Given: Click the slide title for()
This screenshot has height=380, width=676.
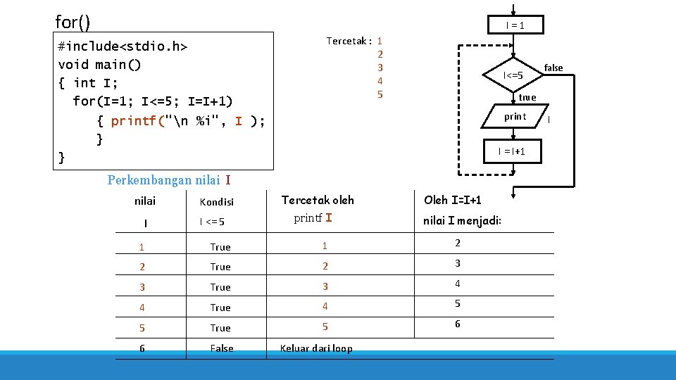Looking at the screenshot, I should coord(73,23).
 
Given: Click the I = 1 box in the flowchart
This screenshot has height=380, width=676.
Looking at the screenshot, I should coord(515,25).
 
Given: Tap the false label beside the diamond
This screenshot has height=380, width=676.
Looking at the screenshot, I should coord(553,68).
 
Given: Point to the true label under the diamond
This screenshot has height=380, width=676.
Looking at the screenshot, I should coord(527,98).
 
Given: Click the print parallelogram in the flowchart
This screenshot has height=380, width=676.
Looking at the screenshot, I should coord(515,117).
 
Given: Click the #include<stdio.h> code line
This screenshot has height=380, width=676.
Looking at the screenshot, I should coord(123,46).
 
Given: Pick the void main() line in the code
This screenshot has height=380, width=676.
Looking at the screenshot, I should coord(99,65).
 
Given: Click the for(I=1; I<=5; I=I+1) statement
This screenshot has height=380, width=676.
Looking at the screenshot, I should coord(152,101).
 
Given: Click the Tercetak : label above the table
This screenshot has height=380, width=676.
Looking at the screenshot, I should coord(349,41).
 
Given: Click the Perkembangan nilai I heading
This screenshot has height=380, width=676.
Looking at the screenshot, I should coord(169,180).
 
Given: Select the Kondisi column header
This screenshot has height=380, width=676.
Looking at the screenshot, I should coord(217,202).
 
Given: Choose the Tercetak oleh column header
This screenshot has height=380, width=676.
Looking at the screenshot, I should coord(318,201).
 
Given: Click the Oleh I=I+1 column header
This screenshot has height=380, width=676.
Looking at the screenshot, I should coord(453,201).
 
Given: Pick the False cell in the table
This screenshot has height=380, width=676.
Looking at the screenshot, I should coord(222,348).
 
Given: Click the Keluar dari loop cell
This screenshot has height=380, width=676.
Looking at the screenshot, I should coord(316,348).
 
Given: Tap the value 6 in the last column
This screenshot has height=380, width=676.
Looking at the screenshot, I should coord(458,324).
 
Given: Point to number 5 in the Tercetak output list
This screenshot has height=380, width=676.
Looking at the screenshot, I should coord(380,94).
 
